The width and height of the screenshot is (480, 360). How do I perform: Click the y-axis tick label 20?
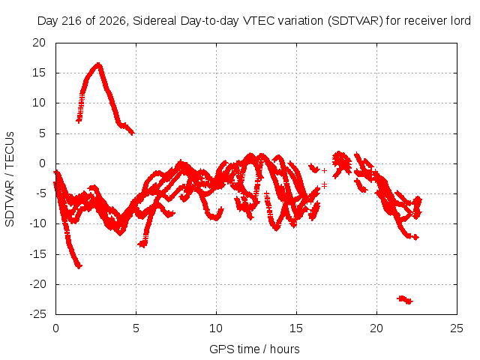(x=39, y=43)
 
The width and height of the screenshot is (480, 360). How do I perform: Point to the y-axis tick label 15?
(x=39, y=73)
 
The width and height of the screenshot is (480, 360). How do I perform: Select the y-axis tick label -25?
(x=37, y=314)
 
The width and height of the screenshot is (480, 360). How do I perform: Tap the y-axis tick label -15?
(x=37, y=254)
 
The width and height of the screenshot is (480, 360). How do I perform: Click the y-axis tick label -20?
(x=37, y=284)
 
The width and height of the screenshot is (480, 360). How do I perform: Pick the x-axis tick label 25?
(x=457, y=328)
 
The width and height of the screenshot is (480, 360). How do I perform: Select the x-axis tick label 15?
(x=296, y=328)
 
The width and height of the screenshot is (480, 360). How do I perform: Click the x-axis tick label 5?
(x=136, y=328)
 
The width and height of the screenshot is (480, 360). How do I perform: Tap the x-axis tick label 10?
(x=216, y=328)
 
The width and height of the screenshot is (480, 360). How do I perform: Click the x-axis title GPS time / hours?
(x=254, y=349)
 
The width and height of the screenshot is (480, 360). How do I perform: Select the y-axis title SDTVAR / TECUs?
(x=10, y=179)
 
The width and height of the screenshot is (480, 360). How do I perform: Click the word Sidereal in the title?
(x=154, y=21)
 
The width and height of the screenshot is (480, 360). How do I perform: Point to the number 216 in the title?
(x=72, y=21)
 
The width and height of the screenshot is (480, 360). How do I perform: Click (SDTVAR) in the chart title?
(x=355, y=21)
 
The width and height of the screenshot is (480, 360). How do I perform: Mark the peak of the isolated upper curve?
(x=98, y=64)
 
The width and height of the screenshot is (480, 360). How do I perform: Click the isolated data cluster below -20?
(x=405, y=299)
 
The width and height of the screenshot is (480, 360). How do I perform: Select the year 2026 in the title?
(x=112, y=21)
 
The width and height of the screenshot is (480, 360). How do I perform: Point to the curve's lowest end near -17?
(x=79, y=266)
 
